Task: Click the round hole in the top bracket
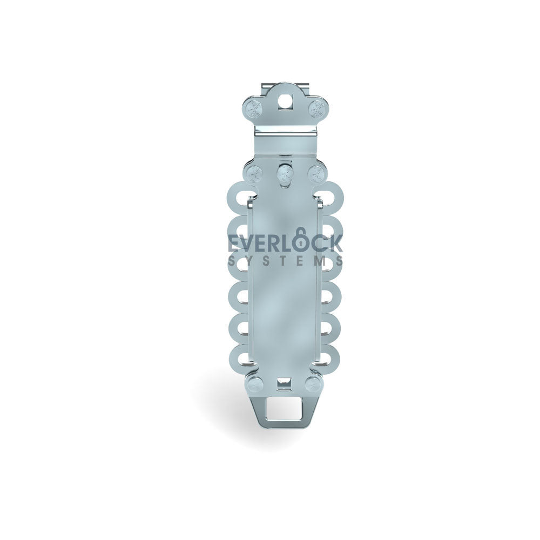284,101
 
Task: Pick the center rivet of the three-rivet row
285,173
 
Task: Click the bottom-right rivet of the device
313,384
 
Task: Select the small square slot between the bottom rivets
284,382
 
